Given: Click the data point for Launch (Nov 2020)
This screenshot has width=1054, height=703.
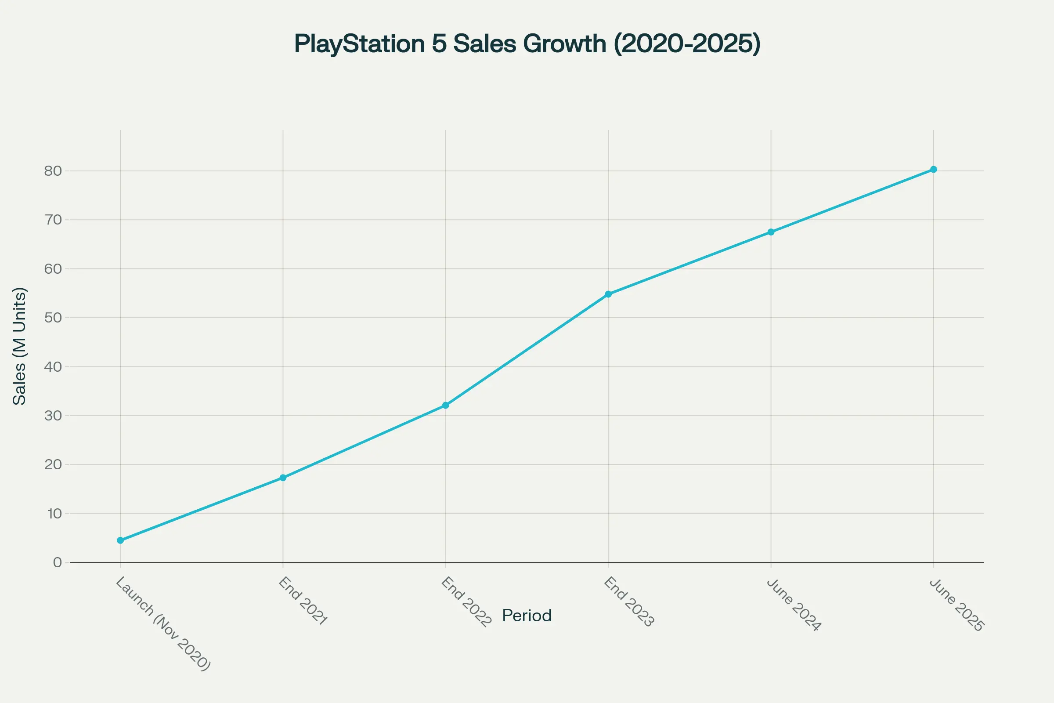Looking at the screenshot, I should click(120, 540).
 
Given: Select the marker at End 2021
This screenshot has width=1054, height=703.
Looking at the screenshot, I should click(283, 478).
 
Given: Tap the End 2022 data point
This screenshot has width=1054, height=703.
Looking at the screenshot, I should click(445, 405).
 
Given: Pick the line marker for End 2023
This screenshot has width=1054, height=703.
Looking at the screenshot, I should click(608, 294).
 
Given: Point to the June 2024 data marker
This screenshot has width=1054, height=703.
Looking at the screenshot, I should click(771, 232).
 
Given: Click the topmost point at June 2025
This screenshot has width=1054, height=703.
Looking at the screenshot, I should click(934, 170).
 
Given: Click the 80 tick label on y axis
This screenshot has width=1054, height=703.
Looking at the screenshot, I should click(53, 171).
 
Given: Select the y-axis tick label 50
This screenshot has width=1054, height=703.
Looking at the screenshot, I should click(53, 318).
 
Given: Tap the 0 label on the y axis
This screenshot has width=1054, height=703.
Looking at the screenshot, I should click(58, 562).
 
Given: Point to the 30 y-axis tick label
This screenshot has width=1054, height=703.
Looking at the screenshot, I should click(53, 416).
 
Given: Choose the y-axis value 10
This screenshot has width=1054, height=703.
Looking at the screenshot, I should click(54, 513).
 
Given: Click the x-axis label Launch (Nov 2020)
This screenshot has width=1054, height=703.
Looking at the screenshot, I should click(163, 623).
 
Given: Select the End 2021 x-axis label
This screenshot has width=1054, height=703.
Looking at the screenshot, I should click(303, 601).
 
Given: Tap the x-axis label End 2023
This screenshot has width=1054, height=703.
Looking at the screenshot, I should click(629, 602).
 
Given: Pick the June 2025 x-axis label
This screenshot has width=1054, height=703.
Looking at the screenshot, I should click(957, 605).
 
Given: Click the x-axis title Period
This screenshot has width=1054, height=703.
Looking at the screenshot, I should click(527, 616).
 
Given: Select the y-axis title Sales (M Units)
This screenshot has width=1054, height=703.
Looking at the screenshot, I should click(19, 346).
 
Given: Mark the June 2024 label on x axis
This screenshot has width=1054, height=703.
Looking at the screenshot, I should click(794, 605).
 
